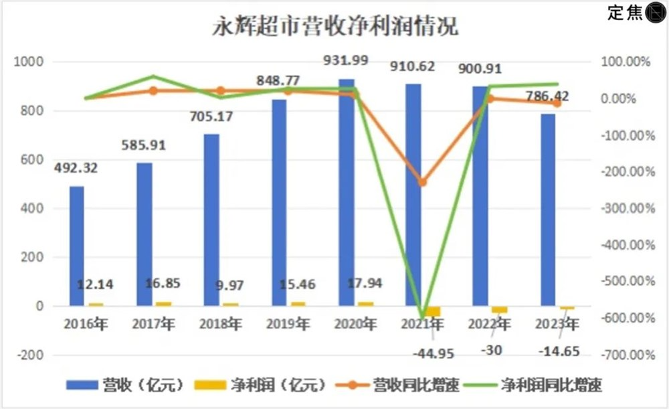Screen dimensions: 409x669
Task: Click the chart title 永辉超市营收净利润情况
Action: click(335, 29)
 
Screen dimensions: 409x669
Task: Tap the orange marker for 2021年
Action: click(421, 181)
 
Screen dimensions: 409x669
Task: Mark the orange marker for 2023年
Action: click(557, 103)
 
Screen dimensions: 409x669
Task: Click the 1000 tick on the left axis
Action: click(29, 62)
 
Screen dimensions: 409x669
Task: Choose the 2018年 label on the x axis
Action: click(221, 324)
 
